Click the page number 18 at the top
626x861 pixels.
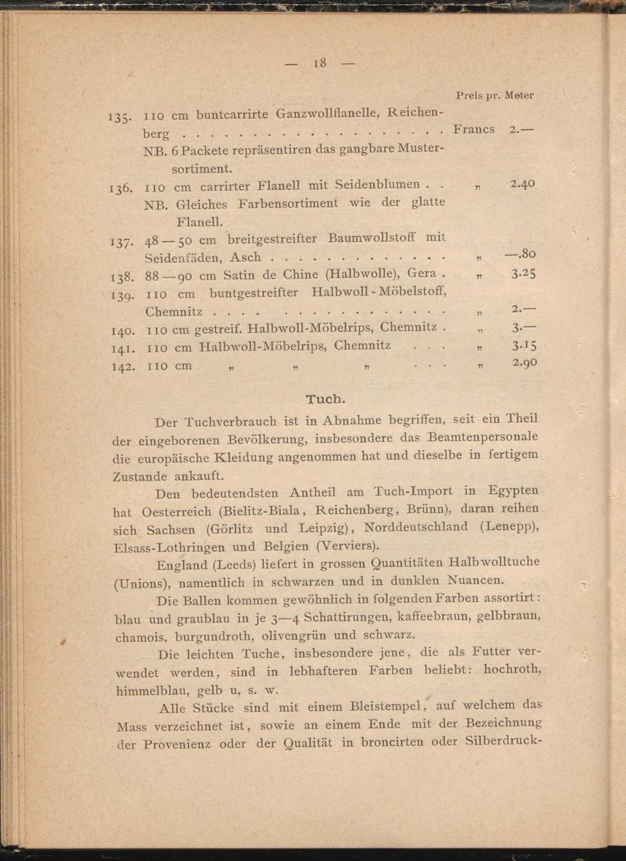[x=320, y=63]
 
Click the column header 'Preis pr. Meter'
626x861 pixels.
[x=495, y=96]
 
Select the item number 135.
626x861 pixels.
[x=119, y=117]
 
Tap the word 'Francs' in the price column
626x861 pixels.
[x=474, y=130]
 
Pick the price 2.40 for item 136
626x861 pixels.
[x=523, y=184]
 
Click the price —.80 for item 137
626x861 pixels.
[x=520, y=253]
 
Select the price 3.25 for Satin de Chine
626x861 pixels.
[x=523, y=273]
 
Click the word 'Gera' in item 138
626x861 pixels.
[x=422, y=273]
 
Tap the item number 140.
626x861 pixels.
[x=122, y=330]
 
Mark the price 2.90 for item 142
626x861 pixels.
[x=525, y=362]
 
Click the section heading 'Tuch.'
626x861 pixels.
[x=326, y=399]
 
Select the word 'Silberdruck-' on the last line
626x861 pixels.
[x=503, y=741]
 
